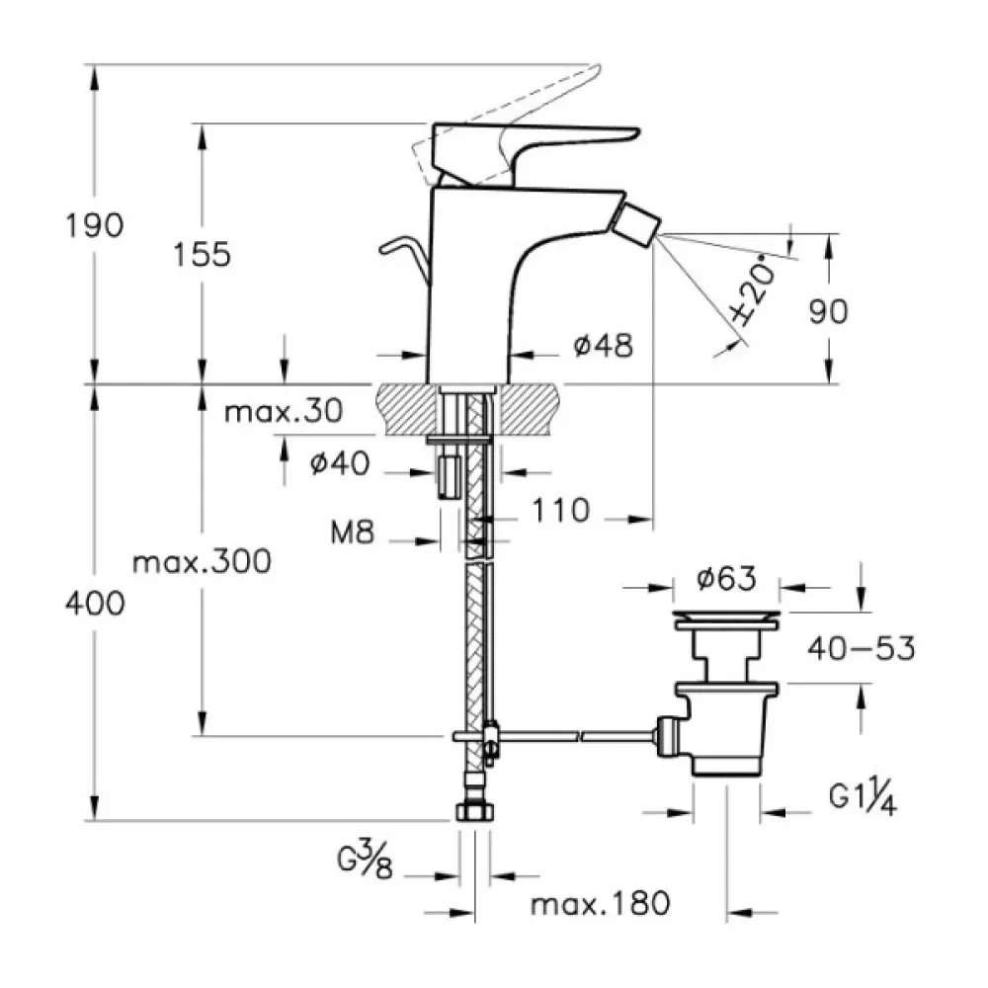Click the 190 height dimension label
tap(95, 225)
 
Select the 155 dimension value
tap(203, 255)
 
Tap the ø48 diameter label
tap(603, 345)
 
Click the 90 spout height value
tap(829, 311)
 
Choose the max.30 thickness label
tap(284, 412)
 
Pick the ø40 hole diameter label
tap(340, 463)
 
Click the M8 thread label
tap(353, 533)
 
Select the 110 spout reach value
tap(561, 511)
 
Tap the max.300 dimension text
tap(202, 561)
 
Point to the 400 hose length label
tap(95, 604)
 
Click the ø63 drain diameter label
tap(726, 578)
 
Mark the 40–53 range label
tap(862, 648)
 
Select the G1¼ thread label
tap(863, 798)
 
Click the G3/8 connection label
tap(366, 861)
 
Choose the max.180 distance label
tap(601, 904)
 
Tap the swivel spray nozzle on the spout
tap(635, 223)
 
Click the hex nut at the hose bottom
tap(474, 811)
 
